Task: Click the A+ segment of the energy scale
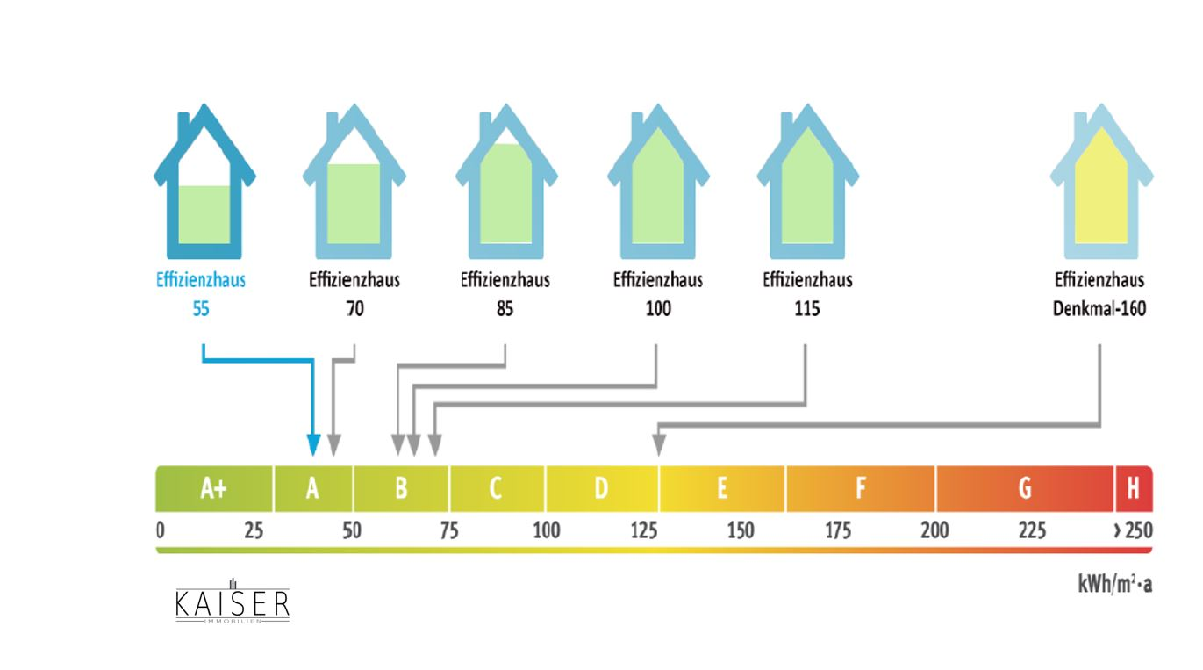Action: click(x=214, y=488)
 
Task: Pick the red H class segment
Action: click(x=1133, y=488)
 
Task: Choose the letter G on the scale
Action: click(x=1024, y=488)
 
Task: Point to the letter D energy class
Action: click(x=601, y=488)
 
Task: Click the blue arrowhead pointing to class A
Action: click(x=313, y=446)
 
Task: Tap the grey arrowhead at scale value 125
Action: click(x=658, y=446)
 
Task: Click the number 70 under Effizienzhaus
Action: click(x=354, y=309)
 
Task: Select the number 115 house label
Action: click(x=806, y=309)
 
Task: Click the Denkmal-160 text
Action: click(x=1099, y=309)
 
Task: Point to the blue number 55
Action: click(x=201, y=309)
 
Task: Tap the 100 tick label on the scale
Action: click(x=546, y=530)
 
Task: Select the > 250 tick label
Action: click(x=1132, y=530)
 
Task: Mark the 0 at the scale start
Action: click(x=161, y=530)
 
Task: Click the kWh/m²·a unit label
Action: click(x=1114, y=584)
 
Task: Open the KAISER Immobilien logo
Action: click(x=232, y=602)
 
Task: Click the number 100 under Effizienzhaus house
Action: click(x=657, y=309)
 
